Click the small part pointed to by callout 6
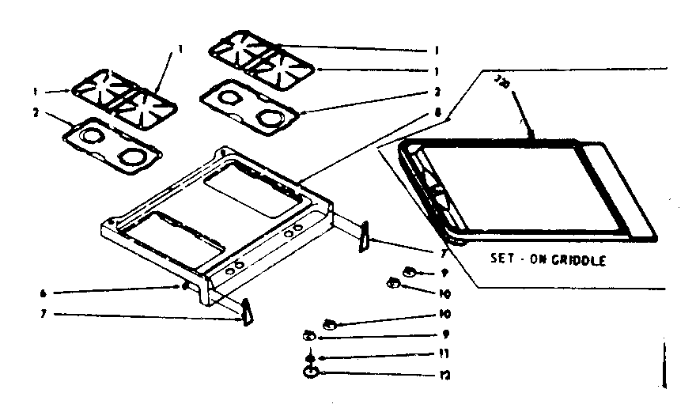[184, 287]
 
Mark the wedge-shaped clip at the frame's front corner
[247, 312]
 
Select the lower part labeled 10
[331, 323]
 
